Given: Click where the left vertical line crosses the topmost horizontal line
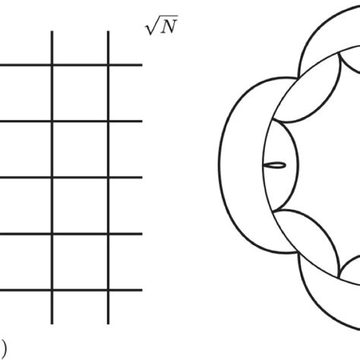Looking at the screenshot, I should tap(52, 65).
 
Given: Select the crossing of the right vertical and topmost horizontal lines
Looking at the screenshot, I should tap(109, 65).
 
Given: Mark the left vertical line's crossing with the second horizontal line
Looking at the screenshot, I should tap(52, 122).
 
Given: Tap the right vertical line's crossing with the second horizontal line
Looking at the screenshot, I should tap(109, 122).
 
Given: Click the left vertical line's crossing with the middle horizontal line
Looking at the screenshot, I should tap(52, 178).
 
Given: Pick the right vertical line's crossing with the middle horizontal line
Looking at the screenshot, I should tap(109, 178).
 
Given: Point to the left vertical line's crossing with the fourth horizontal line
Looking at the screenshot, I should tap(52, 234).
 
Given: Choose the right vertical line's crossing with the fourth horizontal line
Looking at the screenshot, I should tap(109, 234).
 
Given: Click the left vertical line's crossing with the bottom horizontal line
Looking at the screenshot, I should tap(52, 290).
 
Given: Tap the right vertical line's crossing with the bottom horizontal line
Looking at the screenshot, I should tap(109, 290).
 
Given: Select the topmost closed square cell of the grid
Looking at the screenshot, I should tap(81, 93).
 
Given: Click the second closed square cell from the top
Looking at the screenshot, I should tap(81, 150).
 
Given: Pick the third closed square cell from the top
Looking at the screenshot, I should tap(81, 206).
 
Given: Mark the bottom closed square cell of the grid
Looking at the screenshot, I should tap(81, 262).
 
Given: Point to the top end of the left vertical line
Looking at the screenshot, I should tap(52, 33).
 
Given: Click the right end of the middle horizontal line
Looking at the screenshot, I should tap(141, 178).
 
